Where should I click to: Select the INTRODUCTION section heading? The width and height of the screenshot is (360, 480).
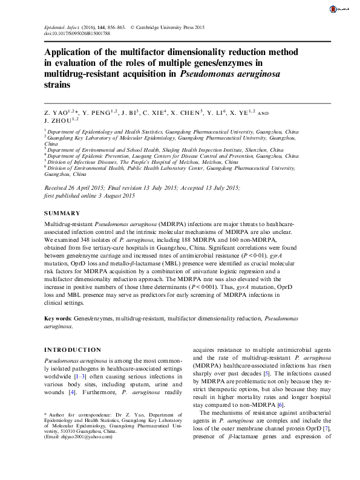[x=73, y=349]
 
